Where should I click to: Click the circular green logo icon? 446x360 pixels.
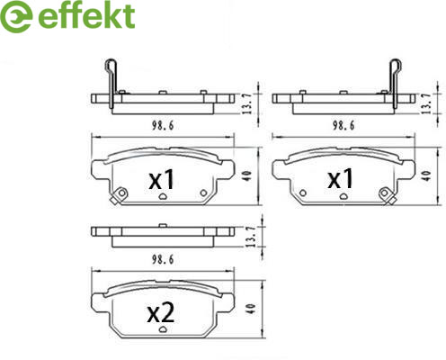point(16,17)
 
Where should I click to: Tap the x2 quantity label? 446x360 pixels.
point(160,313)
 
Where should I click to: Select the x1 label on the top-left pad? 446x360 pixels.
point(162,179)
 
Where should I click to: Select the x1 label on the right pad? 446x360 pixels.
point(340,178)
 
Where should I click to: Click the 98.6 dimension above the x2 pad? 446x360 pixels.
point(163,259)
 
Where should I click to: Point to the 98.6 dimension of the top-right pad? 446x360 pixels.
point(343,125)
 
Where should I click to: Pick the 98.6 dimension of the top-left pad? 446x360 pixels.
point(163,125)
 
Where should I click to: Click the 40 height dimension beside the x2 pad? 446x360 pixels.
point(252,309)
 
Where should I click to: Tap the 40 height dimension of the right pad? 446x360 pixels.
point(427,175)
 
